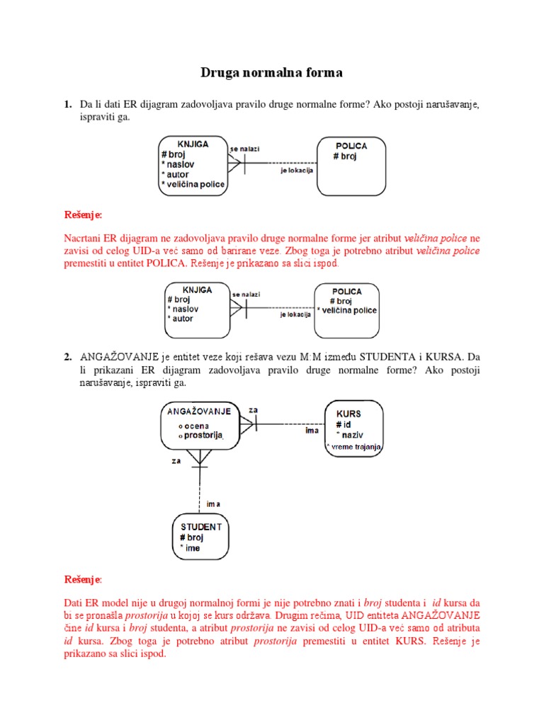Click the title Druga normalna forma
pos(271,72)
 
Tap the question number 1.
pos(68,105)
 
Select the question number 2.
pos(68,357)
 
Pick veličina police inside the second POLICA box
pos(348,310)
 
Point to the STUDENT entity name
pos(201,527)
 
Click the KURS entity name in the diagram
pos(348,413)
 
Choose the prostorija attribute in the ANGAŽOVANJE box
pos(203,435)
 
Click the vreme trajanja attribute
pos(355,447)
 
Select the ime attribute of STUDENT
pos(191,548)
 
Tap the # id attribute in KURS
pos(344,423)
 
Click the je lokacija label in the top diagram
pos(297,170)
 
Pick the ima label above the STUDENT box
pos(213,504)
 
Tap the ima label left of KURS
pos(312,430)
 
